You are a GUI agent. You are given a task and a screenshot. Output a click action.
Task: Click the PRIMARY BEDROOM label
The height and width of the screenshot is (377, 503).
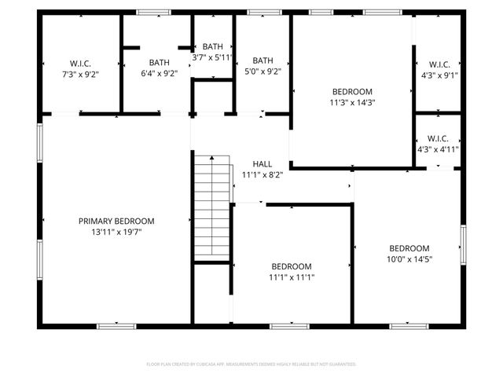coord(116,221)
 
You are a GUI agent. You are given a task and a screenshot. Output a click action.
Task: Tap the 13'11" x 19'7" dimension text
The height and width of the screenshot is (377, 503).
coord(116,232)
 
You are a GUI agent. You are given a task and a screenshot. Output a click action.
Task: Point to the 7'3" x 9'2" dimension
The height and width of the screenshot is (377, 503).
coord(82,73)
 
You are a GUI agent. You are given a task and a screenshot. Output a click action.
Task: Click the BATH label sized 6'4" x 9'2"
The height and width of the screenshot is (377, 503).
coord(159,63)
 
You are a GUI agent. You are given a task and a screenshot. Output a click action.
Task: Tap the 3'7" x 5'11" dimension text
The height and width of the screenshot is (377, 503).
coord(213,57)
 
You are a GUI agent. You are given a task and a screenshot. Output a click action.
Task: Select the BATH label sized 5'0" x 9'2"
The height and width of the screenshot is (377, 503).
coord(263,60)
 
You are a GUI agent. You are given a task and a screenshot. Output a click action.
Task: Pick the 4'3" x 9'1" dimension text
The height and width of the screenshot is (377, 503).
coord(438,75)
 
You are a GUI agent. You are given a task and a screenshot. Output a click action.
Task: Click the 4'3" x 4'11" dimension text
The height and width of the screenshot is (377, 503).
coord(438,148)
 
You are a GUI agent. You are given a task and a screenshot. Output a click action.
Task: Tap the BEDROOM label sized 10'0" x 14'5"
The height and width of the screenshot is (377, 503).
coord(409,248)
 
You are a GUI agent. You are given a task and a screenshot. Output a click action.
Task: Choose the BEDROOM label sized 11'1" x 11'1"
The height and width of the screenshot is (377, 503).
coord(292,266)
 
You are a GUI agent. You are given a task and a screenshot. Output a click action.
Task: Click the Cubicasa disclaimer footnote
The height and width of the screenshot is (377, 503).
coord(251,364)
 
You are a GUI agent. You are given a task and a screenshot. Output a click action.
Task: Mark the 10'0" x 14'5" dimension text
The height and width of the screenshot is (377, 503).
coord(409,258)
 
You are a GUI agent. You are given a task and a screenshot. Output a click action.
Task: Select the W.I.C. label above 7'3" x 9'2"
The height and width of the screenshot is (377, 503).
coord(82,63)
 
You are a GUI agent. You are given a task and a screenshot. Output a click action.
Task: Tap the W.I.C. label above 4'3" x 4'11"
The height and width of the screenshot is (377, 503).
coord(438,138)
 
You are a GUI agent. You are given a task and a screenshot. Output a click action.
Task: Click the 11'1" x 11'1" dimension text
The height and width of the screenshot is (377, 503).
coord(292,276)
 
